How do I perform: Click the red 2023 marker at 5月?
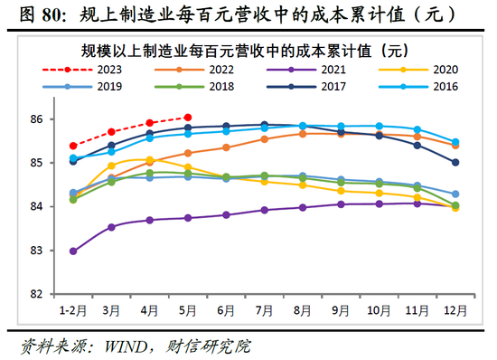[x=187, y=117]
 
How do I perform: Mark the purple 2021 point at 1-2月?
[x=72, y=251]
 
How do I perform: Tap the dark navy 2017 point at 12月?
[x=455, y=163]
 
